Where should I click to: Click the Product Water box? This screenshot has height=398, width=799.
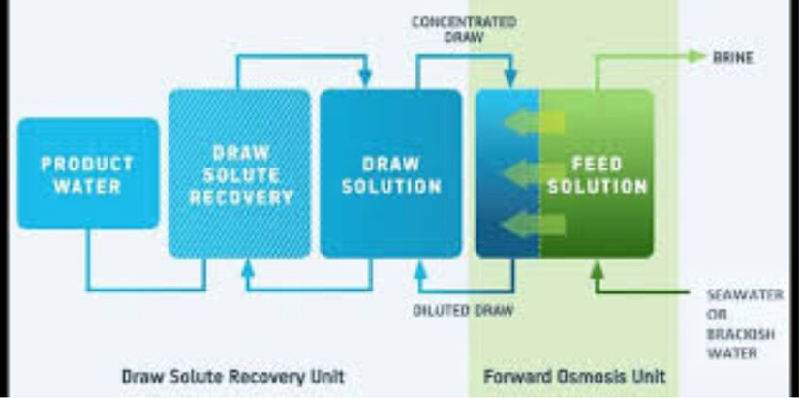[87, 173]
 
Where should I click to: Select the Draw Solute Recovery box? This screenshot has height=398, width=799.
[240, 173]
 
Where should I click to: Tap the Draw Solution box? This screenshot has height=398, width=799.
[390, 173]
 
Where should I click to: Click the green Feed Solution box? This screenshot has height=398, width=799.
[597, 173]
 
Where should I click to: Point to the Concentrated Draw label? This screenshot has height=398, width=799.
[463, 30]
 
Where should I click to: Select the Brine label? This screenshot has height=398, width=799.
[733, 58]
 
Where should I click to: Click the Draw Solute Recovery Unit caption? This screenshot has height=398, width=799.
[231, 375]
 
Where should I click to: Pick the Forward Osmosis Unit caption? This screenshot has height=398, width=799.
[573, 375]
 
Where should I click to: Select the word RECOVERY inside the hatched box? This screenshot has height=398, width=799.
[240, 199]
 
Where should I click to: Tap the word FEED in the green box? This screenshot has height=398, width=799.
[597, 163]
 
